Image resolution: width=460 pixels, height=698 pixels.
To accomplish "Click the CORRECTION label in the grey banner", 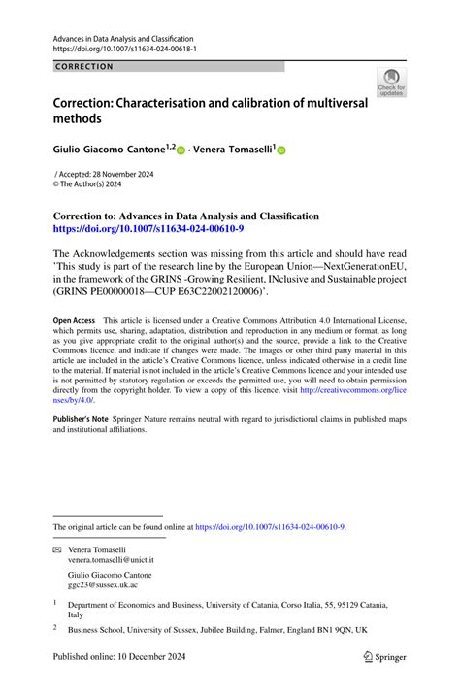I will point(85,67).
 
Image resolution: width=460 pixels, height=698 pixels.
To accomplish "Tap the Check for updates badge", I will point(392,83).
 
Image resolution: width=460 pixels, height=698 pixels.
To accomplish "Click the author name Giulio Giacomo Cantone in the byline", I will point(108,150).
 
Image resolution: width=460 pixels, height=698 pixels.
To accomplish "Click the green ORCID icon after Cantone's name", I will point(180,150).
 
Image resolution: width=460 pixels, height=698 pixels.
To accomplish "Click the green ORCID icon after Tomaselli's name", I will point(282,150).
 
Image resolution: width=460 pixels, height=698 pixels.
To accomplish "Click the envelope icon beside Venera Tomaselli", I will point(56,548).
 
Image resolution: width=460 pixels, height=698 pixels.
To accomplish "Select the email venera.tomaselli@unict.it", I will point(112,561).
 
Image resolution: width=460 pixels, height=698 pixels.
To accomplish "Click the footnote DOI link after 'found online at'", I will point(270,527).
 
